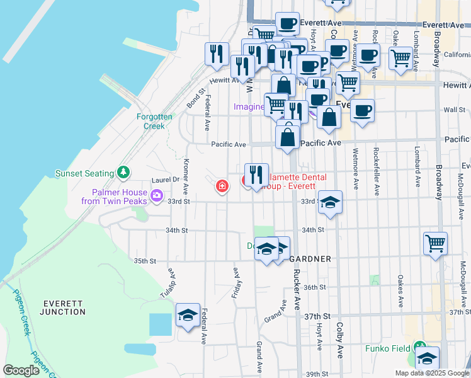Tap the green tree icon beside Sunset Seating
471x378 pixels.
coord(124,172)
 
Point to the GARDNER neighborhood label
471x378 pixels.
coord(310,259)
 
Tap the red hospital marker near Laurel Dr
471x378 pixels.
coord(222,186)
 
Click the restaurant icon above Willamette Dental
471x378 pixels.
coord(256,174)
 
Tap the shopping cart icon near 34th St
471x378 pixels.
coord(436,243)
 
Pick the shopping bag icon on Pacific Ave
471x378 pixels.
coord(287,136)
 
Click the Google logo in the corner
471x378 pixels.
coord(21,370)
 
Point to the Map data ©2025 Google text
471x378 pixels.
coord(431,373)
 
